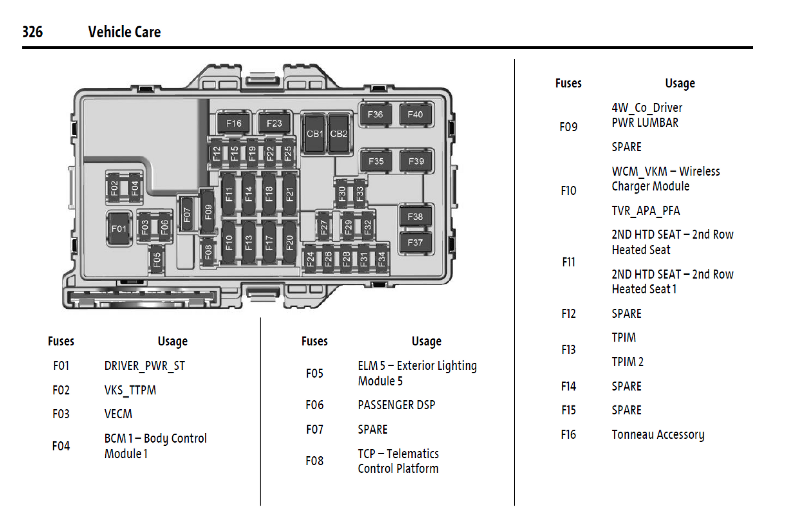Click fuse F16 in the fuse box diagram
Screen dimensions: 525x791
[x=233, y=123]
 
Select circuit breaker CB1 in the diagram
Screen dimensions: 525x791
[x=314, y=133]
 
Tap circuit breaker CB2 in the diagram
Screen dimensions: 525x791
[x=339, y=133]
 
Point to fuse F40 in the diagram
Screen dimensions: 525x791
[x=415, y=115]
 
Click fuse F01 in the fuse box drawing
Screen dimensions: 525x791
[x=119, y=229]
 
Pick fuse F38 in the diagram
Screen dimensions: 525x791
[x=415, y=217]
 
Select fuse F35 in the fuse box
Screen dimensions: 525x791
[x=376, y=161]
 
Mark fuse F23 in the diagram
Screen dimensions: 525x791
[x=274, y=123]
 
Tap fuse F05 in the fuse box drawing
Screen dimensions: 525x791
[x=157, y=259]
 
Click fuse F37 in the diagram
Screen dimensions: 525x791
[x=415, y=243]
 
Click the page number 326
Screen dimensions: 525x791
[x=33, y=32]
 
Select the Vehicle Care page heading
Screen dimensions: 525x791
[x=124, y=32]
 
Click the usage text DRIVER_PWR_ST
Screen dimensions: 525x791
[x=145, y=366]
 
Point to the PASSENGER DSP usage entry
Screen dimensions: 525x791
[x=396, y=405]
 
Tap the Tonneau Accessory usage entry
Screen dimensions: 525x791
[x=658, y=434]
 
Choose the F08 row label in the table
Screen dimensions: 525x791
[x=314, y=461]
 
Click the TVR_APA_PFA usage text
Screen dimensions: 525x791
[x=645, y=210]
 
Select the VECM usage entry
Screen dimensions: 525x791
[x=118, y=414]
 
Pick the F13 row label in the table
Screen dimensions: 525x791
[x=568, y=349]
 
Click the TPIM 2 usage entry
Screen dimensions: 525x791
[x=628, y=362]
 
